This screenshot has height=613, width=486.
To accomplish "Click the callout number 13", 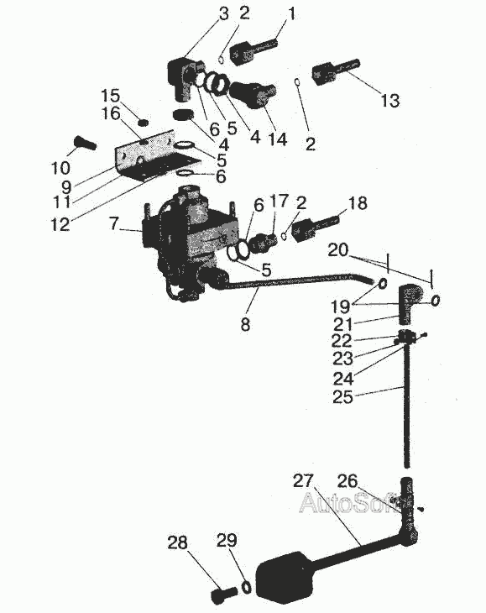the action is (x=389, y=101).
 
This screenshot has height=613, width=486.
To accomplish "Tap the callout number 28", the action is (x=177, y=542).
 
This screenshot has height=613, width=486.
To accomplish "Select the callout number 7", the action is (x=113, y=223).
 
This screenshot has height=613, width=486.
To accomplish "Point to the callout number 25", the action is (x=342, y=397).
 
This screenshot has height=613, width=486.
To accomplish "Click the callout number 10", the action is (x=60, y=168).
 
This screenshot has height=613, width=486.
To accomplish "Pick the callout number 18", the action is (x=357, y=203).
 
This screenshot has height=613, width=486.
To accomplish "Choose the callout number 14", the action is (x=278, y=139).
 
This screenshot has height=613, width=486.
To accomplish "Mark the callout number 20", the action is (x=338, y=249).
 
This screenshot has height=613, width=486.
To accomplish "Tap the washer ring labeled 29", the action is (x=247, y=587).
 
